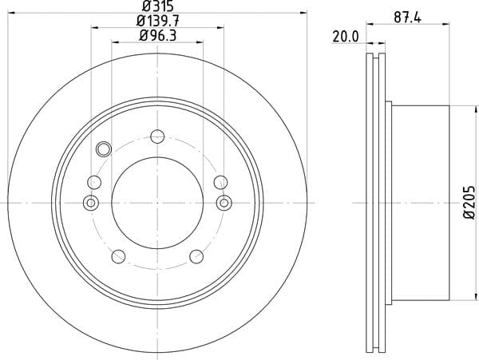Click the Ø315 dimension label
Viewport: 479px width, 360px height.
coord(158,6)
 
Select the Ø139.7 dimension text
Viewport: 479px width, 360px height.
coord(157,21)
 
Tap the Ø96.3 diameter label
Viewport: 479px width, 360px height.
coord(157,36)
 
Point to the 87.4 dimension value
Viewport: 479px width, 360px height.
coord(407,18)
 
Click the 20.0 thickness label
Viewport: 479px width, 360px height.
coord(345,37)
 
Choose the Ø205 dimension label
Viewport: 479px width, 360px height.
coord(470,203)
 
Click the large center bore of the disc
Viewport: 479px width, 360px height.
coord(157,203)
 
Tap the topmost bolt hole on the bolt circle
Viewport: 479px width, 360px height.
coord(157,136)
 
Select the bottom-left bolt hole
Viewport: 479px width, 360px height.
coord(118,256)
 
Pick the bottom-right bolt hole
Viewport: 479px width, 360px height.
coord(196,256)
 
